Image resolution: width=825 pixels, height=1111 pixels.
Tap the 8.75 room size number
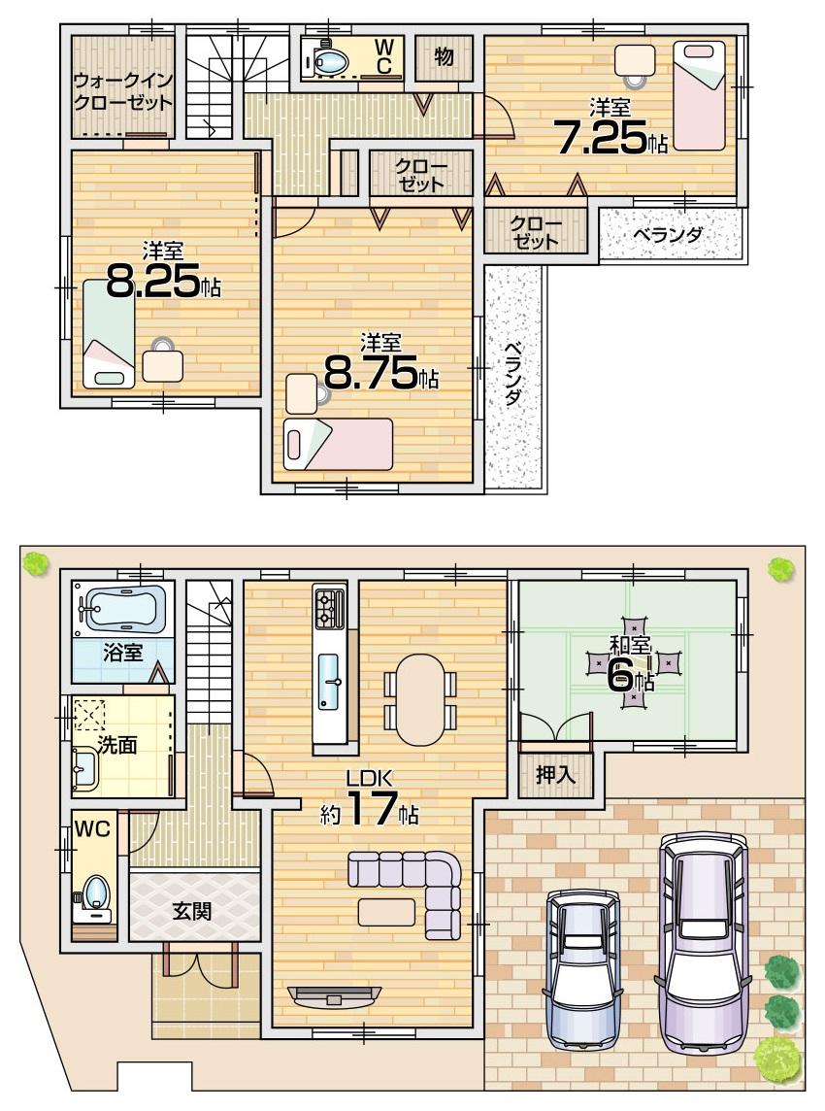point(371,373)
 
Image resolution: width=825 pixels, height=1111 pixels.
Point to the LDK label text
point(370,777)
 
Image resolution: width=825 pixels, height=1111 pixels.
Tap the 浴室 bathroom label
point(122,652)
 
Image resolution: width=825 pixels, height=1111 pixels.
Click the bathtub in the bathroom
point(122,610)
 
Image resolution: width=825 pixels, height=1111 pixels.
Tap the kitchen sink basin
point(328,680)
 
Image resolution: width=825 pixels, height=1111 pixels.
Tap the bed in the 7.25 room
point(699,95)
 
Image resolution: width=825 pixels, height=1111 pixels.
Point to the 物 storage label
point(445,57)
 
